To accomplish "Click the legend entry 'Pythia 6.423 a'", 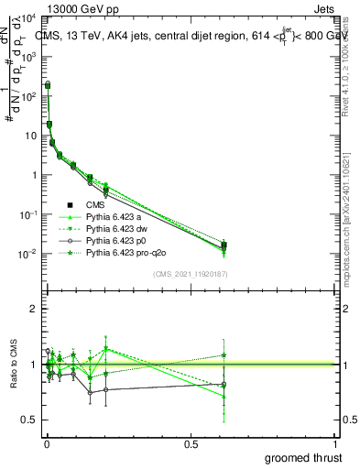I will click(115, 216).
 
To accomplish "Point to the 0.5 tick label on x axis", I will click(191, 444).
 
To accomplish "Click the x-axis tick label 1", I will click(337, 444).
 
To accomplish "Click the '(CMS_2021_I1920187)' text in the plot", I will click(189, 274).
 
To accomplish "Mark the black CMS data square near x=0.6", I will click(224, 245).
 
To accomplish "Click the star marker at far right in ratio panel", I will click(224, 355).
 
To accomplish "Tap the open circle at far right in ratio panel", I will click(224, 384).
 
